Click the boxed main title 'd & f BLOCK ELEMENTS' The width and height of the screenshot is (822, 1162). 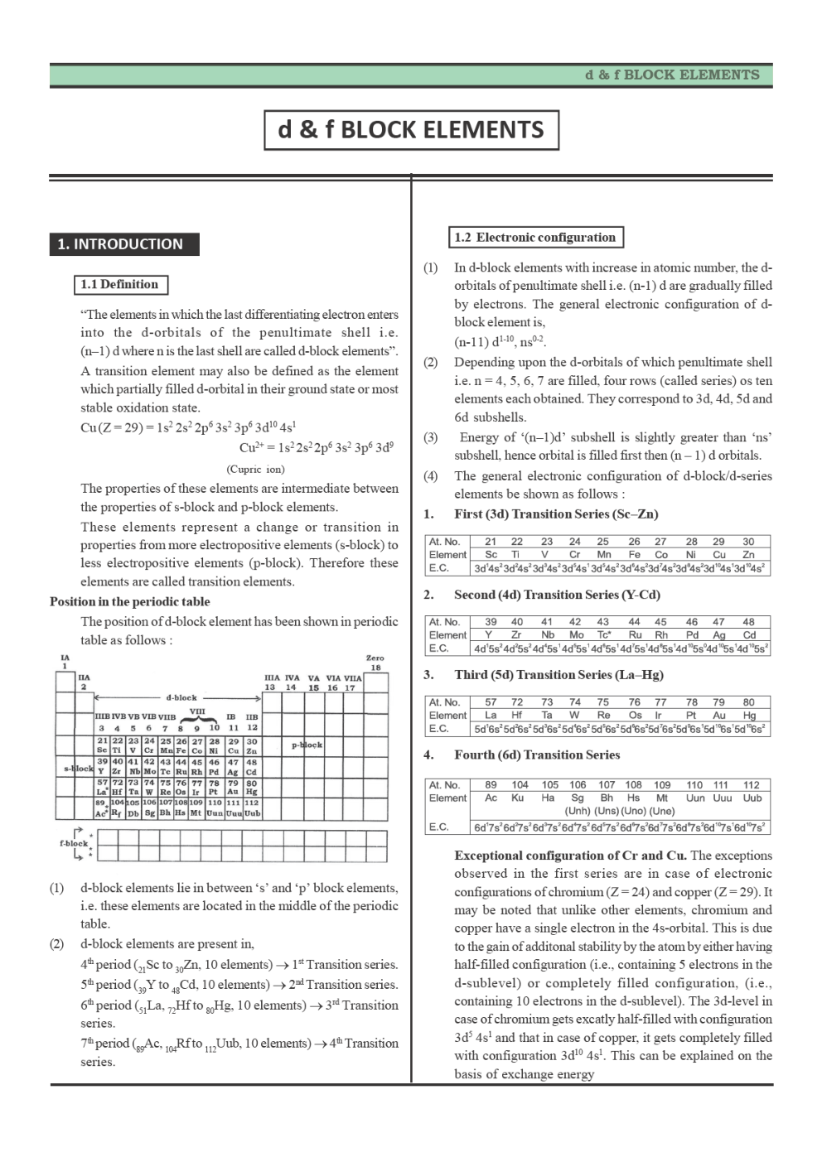click(x=411, y=130)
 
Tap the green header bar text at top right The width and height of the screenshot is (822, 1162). click(x=672, y=75)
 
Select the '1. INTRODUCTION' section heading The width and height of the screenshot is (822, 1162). click(x=120, y=244)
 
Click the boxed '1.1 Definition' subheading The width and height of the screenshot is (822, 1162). click(x=119, y=285)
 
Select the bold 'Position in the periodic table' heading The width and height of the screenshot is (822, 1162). click(x=129, y=602)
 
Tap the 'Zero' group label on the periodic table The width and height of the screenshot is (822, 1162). click(x=375, y=658)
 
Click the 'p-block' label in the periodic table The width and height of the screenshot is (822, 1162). click(x=307, y=745)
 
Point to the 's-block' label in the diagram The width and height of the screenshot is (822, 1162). click(x=78, y=769)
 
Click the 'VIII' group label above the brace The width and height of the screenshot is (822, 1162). click(x=197, y=711)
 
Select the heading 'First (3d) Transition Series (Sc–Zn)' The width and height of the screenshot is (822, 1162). click(x=556, y=514)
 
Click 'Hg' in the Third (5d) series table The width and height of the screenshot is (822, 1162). click(x=749, y=715)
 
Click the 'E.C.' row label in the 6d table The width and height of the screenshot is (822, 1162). click(x=439, y=827)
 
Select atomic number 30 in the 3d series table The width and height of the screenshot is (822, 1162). click(x=748, y=542)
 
